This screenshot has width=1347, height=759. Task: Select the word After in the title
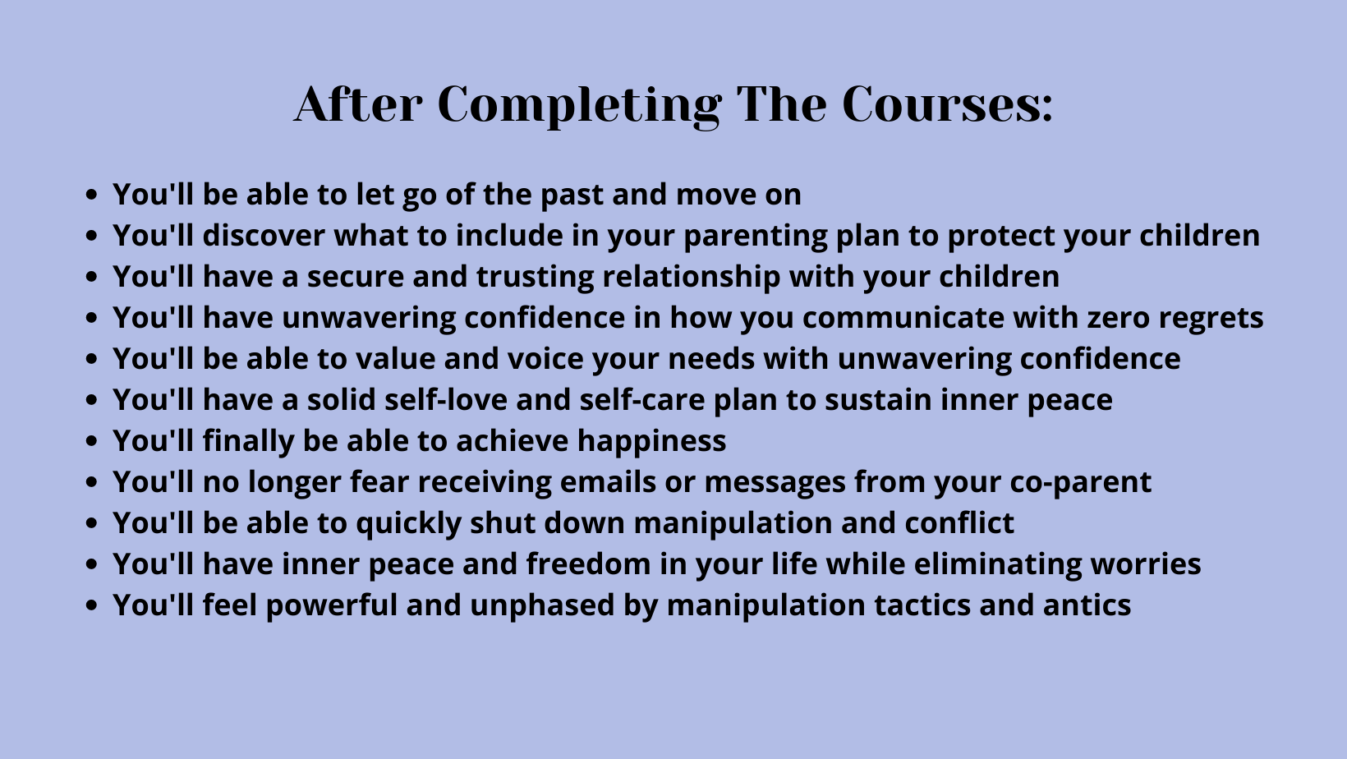[x=358, y=104]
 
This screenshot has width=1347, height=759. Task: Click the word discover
[x=264, y=235]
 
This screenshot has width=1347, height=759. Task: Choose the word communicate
[x=903, y=318]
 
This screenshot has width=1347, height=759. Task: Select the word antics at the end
[x=1087, y=605]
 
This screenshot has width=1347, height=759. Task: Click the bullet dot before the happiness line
[x=91, y=441]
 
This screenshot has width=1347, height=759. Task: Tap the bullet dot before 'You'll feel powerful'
[x=91, y=605]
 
